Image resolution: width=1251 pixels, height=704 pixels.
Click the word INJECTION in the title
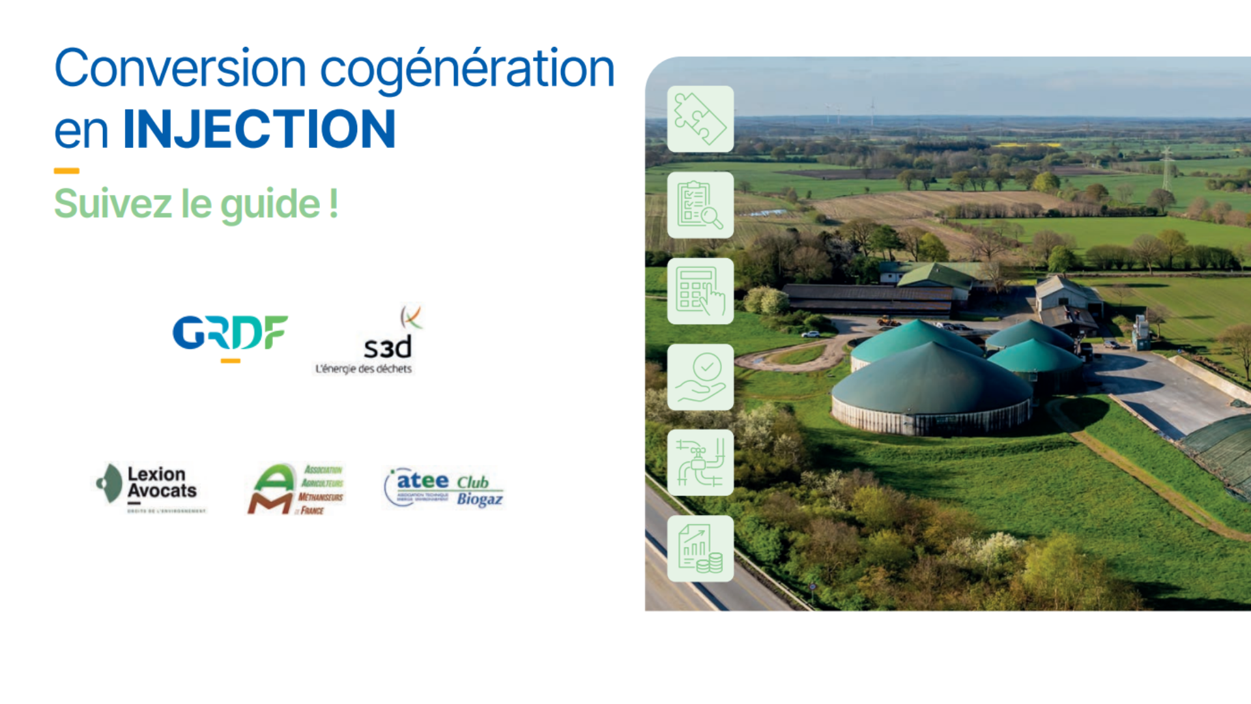pyautogui.click(x=259, y=129)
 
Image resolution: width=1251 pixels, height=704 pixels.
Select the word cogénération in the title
pyautogui.click(x=467, y=69)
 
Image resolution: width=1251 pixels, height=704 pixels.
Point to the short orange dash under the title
pyautogui.click(x=66, y=171)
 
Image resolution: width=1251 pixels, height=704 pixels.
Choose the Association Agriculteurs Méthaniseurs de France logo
pyautogui.click(x=296, y=489)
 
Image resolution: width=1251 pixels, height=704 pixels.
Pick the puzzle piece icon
pyautogui.click(x=700, y=119)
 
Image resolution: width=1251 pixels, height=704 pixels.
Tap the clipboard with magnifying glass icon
pyautogui.click(x=700, y=205)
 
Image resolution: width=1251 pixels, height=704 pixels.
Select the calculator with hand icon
pyautogui.click(x=700, y=291)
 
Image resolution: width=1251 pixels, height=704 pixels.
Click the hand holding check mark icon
pyautogui.click(x=700, y=377)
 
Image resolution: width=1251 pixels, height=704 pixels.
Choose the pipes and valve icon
pyautogui.click(x=700, y=463)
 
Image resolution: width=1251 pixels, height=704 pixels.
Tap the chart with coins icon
pyautogui.click(x=700, y=549)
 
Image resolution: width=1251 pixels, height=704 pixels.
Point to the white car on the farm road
pyautogui.click(x=811, y=334)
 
